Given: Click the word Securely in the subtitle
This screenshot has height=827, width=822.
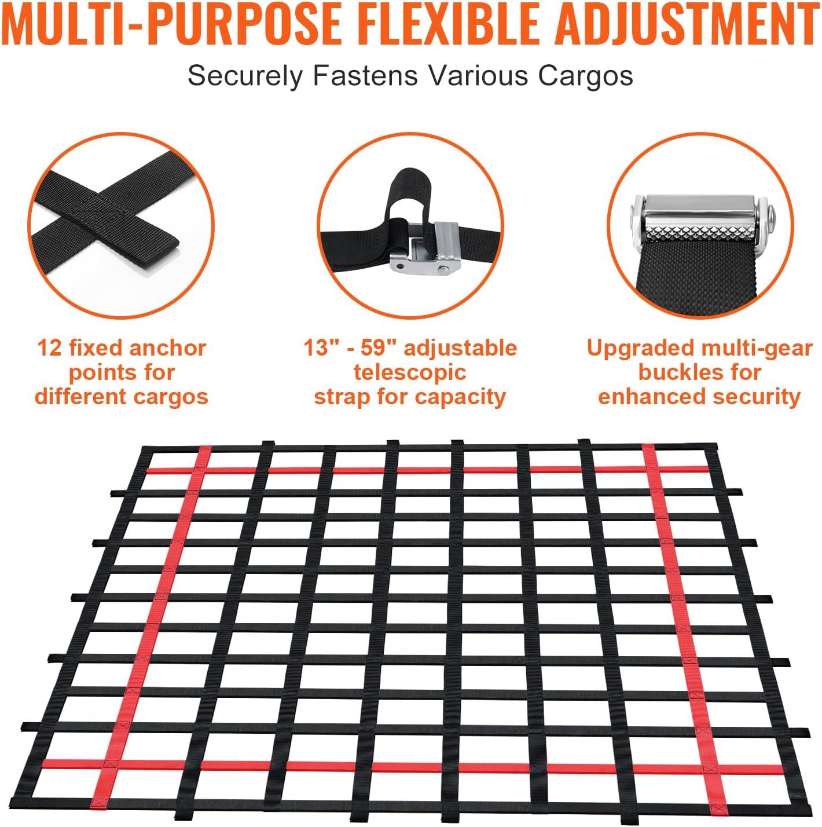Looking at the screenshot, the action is (245, 76).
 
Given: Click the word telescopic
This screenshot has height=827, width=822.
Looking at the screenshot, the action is (410, 372).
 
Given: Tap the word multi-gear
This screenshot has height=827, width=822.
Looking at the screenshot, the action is (755, 349).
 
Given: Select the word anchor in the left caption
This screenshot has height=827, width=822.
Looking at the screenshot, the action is (167, 348).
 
